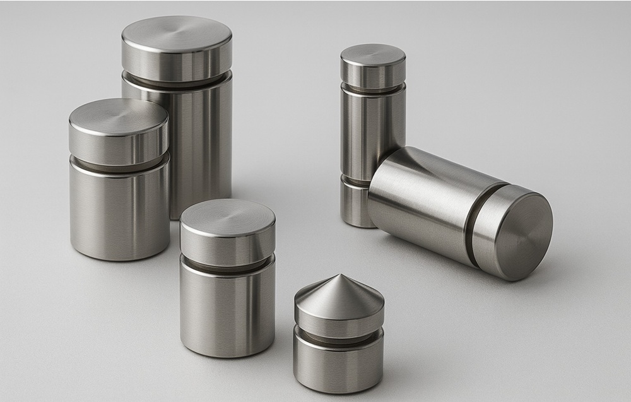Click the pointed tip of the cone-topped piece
click(338, 276)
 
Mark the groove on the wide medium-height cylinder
click(119, 166)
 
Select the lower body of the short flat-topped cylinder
click(228, 309)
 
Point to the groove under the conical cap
click(338, 336)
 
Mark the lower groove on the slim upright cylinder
click(355, 180)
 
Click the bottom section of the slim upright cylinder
click(356, 205)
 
